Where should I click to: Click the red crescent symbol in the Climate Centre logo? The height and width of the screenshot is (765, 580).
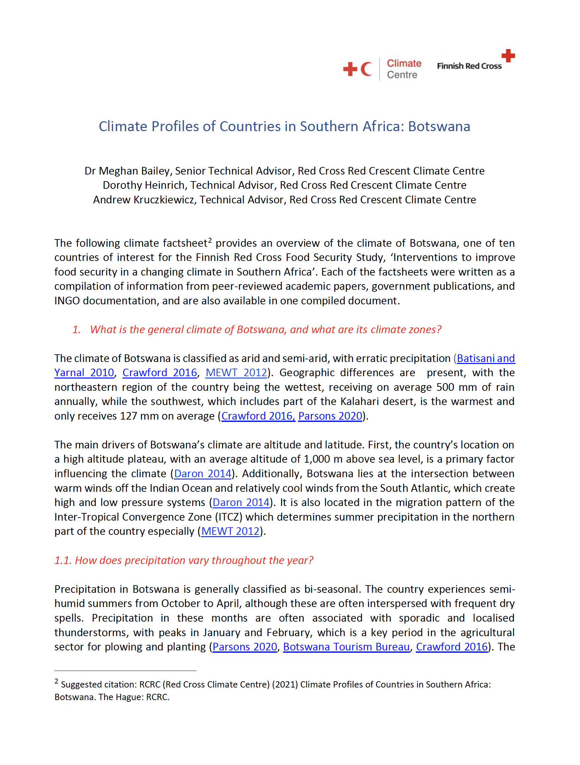(366, 69)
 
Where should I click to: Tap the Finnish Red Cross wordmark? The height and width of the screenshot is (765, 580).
(469, 66)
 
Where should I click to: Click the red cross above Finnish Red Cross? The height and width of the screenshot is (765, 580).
(508, 55)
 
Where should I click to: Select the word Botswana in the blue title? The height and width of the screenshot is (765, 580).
(439, 126)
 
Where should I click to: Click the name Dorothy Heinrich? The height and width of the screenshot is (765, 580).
(143, 185)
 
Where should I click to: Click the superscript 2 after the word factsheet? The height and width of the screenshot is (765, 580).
(210, 240)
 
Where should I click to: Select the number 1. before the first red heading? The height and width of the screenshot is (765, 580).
(76, 329)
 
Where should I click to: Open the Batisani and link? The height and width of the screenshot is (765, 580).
(486, 358)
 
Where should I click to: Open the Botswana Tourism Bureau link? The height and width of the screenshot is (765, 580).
(346, 647)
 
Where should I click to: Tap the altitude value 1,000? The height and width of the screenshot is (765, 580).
(316, 459)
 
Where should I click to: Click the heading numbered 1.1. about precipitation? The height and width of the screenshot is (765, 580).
(183, 560)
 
